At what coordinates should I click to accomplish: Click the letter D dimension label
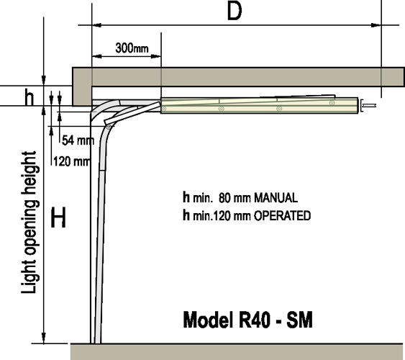pos(235,12)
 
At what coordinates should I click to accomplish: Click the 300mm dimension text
pos(132,48)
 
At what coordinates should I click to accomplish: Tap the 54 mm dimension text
pos(78,140)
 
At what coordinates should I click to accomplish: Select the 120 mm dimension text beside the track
pos(72,161)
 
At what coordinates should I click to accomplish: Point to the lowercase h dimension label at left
pos(29,96)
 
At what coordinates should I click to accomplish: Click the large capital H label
pos(58,217)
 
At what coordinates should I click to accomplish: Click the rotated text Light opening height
pos(29,222)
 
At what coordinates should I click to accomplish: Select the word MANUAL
pos(276,198)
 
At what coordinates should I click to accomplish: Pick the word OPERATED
pos(282,216)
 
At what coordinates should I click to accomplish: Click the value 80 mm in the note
pos(235,198)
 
